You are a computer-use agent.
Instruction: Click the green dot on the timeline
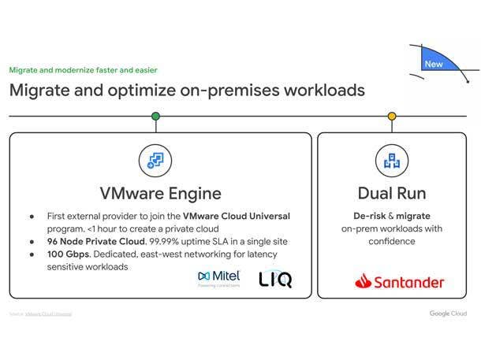155,117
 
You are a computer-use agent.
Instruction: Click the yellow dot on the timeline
392,117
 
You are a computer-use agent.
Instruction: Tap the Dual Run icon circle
392,161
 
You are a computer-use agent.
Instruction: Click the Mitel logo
218,278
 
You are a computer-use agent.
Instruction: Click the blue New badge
434,63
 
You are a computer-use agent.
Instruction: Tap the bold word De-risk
367,216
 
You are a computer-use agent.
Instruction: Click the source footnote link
47,314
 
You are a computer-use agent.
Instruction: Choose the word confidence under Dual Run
392,241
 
